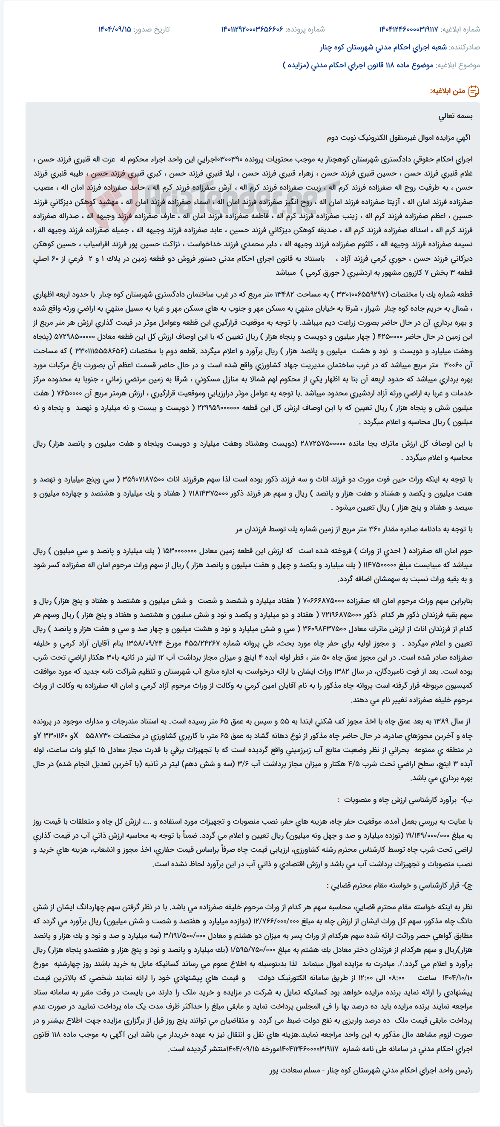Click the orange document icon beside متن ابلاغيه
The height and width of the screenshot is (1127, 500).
pos(473,92)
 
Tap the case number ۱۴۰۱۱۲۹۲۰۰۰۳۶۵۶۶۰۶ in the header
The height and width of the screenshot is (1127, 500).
pos(252,29)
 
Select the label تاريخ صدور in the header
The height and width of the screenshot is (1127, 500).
pos(151,29)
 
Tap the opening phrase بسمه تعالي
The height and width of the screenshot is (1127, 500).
pos(455,116)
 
